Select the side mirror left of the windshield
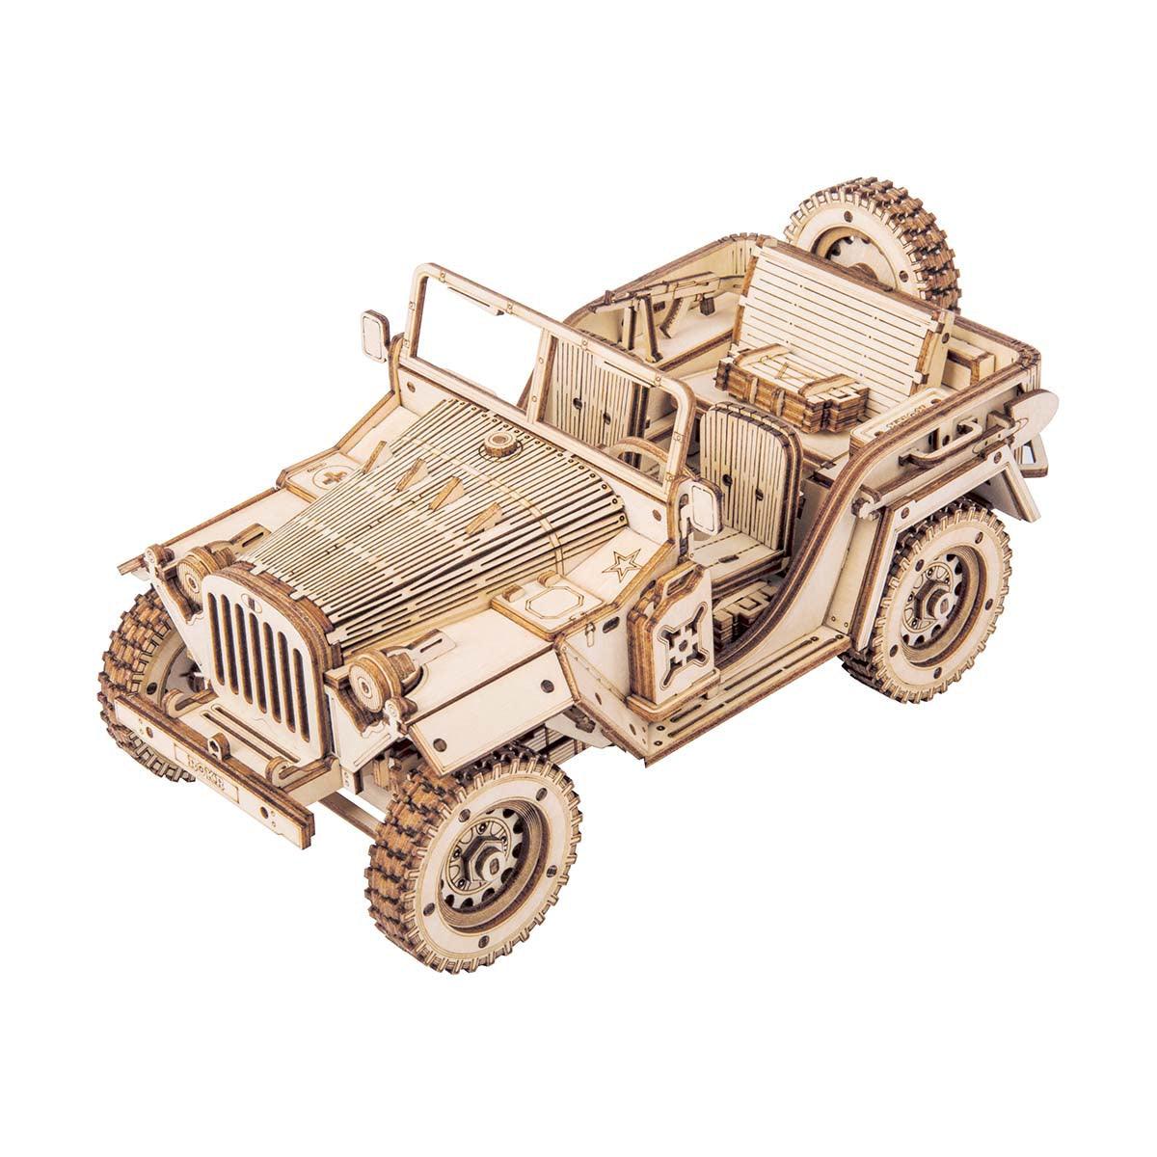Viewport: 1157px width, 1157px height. (373, 334)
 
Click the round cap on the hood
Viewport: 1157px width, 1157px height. (498, 444)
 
